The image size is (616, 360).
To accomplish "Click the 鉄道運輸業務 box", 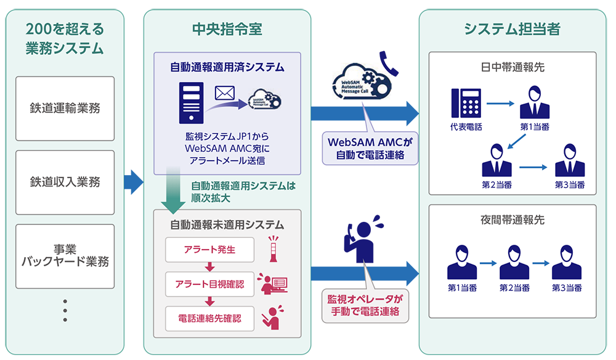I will [65, 108].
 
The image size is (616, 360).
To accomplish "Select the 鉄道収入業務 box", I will [65, 182].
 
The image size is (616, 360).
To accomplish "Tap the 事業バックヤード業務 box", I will [65, 255].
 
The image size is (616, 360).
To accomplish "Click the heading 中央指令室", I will [227, 29].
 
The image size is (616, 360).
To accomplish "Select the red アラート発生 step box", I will [209, 250].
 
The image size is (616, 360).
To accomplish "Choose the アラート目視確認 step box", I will [209, 284].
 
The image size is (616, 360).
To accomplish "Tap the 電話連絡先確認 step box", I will [209, 319].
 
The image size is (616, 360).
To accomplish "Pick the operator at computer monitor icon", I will [272, 284].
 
